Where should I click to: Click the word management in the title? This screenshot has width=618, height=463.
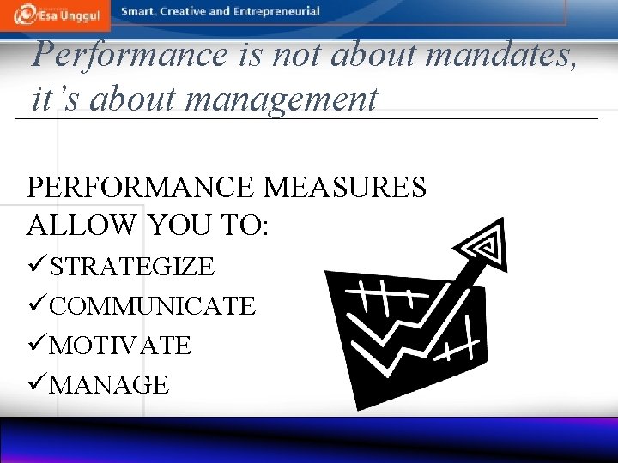[281, 99]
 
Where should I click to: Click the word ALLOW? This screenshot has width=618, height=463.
[82, 225]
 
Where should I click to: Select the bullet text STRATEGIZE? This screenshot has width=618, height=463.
[132, 267]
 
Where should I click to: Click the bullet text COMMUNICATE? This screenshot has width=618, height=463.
[153, 306]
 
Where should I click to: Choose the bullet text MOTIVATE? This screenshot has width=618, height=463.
[120, 346]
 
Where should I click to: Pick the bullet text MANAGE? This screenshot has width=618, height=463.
[109, 385]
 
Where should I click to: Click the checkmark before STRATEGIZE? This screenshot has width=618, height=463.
[38, 267]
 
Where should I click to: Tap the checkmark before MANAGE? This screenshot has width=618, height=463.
[38, 385]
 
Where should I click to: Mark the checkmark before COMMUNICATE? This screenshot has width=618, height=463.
[38, 306]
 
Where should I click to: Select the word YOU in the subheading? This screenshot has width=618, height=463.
[179, 225]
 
